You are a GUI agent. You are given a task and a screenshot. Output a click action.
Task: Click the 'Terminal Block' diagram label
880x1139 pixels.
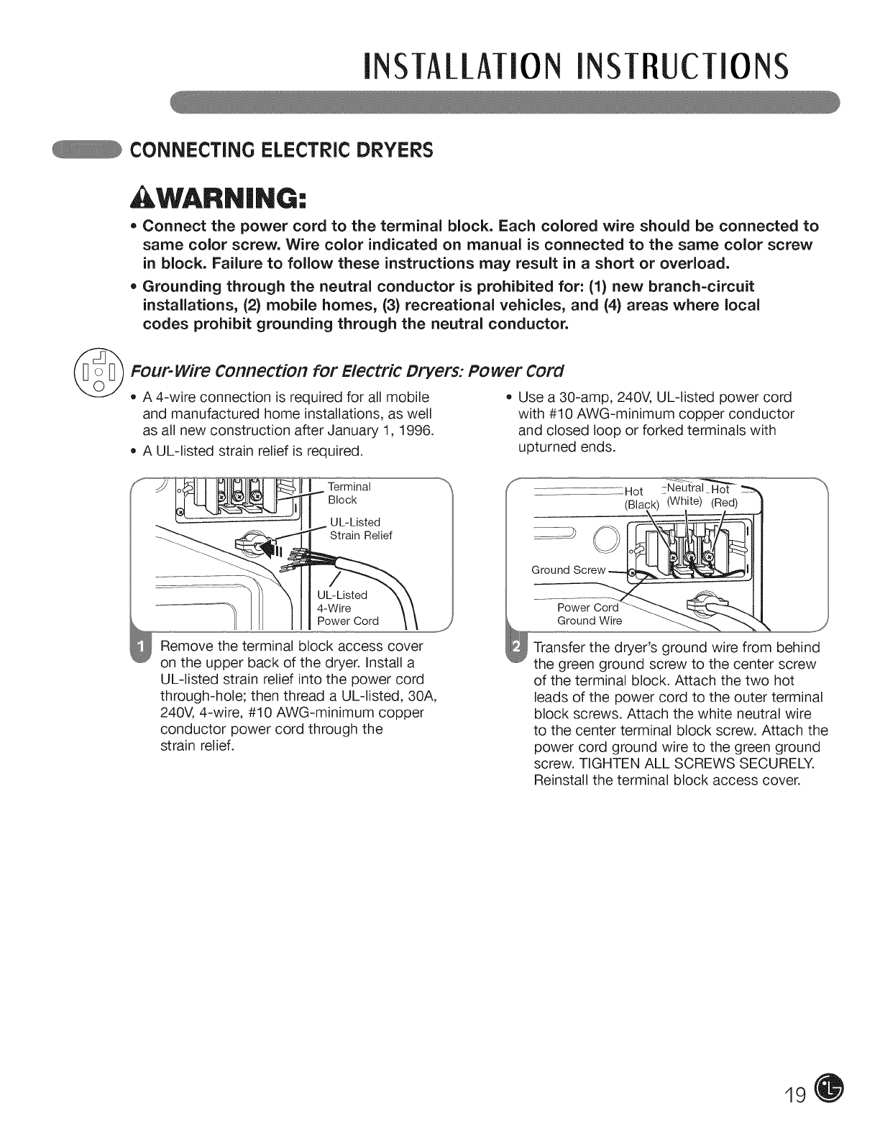(x=349, y=493)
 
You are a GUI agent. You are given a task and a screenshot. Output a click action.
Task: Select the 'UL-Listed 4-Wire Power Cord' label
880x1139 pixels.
(x=347, y=608)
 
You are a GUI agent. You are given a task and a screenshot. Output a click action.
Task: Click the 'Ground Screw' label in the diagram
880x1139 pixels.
(x=568, y=570)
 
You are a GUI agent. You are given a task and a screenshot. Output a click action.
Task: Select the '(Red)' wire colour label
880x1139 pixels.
(x=724, y=503)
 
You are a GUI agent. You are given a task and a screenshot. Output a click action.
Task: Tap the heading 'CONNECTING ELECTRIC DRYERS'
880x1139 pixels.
(x=280, y=150)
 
